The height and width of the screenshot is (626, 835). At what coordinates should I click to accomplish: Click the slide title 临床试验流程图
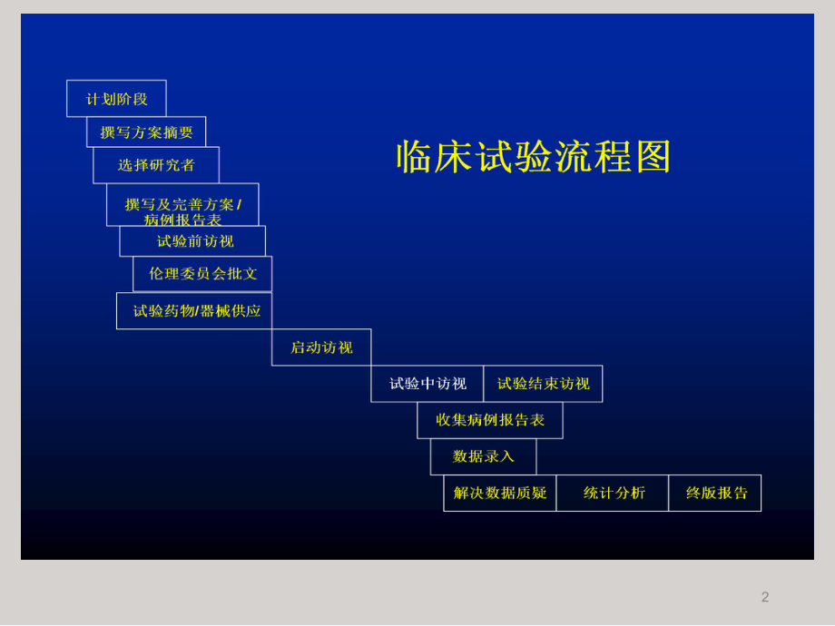click(x=534, y=157)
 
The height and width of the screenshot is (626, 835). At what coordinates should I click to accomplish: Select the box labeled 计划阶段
click(x=116, y=99)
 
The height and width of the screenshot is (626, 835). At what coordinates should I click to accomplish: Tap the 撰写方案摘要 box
click(x=146, y=132)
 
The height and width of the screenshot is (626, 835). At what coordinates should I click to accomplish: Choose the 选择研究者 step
click(x=156, y=165)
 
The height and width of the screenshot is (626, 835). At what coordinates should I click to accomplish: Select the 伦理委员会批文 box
click(x=202, y=274)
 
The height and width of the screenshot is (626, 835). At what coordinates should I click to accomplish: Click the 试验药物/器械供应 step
click(x=195, y=311)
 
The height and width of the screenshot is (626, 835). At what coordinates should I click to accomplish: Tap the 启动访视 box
click(x=321, y=347)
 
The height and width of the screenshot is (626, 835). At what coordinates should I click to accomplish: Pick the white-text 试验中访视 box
click(x=427, y=384)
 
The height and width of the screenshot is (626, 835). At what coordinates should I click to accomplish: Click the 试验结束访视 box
click(x=543, y=384)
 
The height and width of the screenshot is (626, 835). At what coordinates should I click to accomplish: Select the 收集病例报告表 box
click(x=490, y=420)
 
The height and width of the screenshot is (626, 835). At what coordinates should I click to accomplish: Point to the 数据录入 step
click(x=483, y=456)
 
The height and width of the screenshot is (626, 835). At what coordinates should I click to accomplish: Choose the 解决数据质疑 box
click(x=500, y=493)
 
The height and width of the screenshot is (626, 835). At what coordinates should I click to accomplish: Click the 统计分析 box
click(x=614, y=493)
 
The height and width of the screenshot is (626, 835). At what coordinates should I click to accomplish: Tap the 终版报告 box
click(x=715, y=493)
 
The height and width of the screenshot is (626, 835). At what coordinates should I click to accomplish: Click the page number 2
click(x=765, y=597)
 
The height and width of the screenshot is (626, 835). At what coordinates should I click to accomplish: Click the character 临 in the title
click(x=414, y=157)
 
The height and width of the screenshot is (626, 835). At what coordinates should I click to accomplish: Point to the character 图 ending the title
click(x=653, y=157)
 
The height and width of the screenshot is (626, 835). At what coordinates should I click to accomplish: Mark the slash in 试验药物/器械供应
click(x=197, y=311)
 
